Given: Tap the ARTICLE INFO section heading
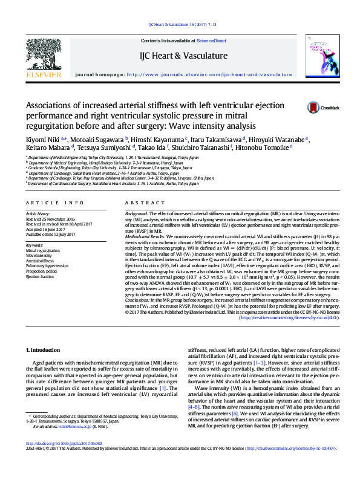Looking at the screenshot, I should [50, 203].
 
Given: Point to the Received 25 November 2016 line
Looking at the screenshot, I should [50, 219].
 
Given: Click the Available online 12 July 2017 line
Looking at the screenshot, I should [51, 233].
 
